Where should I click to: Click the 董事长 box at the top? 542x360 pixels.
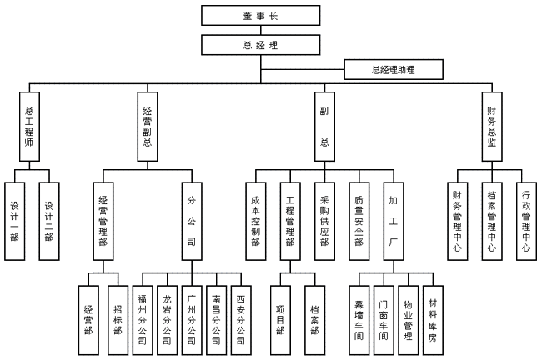tap(249, 15)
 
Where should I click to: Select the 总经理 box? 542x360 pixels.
tap(249, 44)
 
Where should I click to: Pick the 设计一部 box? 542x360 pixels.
tap(15, 220)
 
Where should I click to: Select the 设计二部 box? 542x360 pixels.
tap(49, 220)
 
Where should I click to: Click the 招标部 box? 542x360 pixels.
tap(119, 312)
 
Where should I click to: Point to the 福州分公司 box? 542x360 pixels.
tap(143, 312)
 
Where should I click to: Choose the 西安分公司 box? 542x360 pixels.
tap(241, 312)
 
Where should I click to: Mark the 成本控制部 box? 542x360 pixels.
tap(256, 220)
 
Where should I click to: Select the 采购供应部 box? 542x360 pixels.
tap(324, 220)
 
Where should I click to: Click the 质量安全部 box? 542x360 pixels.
tap(359, 220)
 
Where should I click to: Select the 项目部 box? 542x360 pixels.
tap(280, 312)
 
